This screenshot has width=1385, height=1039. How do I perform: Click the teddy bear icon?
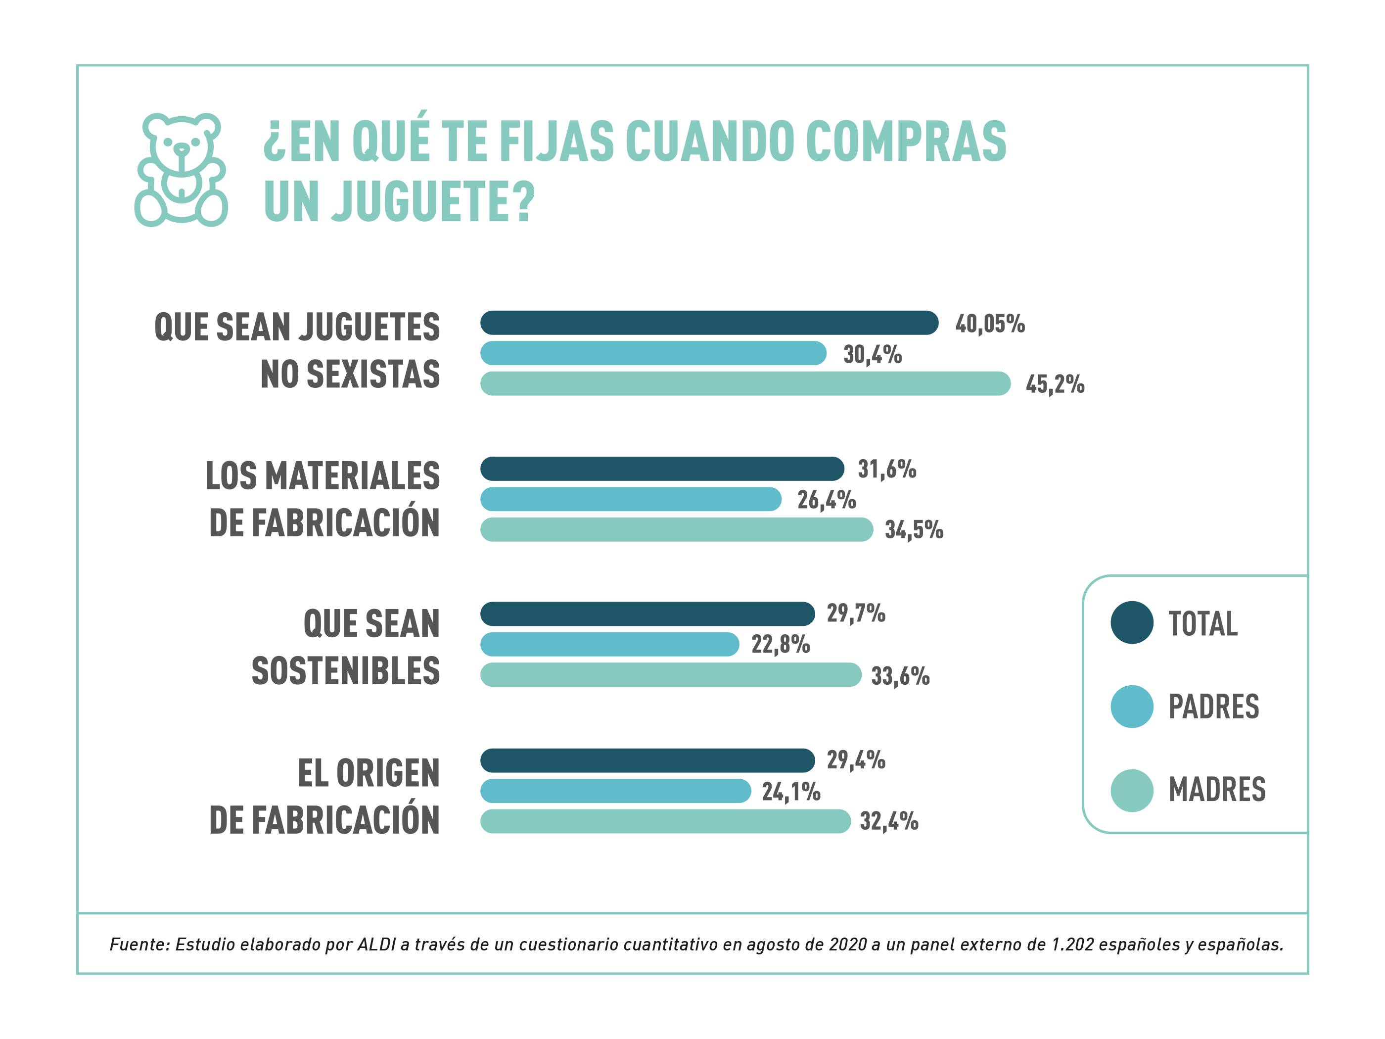[x=181, y=170]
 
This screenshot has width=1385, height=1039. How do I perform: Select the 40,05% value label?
[x=989, y=324]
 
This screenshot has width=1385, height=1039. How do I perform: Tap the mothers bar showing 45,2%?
[x=745, y=383]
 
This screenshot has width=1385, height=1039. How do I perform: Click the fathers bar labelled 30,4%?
[x=653, y=353]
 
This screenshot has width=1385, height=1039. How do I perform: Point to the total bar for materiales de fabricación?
[x=662, y=469]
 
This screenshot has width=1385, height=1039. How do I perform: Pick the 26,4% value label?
[x=826, y=500]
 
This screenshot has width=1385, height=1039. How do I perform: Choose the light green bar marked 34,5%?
[x=676, y=529]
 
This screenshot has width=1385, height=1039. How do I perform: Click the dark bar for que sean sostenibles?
[x=647, y=614]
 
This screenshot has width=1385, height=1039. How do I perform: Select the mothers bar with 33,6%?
[x=671, y=674]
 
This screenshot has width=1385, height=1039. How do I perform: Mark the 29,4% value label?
[x=855, y=759]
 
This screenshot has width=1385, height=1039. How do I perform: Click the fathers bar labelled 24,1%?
[x=615, y=790]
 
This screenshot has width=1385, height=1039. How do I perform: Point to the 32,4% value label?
[x=888, y=820]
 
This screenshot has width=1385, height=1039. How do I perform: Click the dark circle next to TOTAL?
[x=1131, y=622]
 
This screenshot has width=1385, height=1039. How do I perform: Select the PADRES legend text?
[x=1213, y=707]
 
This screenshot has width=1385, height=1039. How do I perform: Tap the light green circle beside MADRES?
[x=1131, y=790]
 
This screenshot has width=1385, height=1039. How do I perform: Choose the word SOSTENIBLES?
[x=346, y=671]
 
